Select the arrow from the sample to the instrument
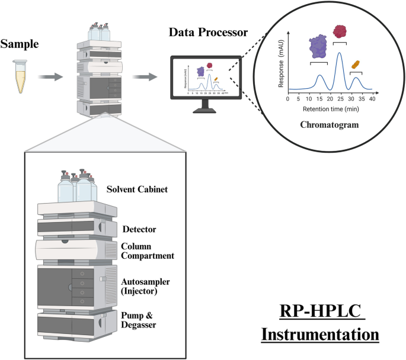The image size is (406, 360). (50, 76)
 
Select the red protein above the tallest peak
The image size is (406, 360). (340, 31)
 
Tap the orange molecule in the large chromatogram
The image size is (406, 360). (356, 64)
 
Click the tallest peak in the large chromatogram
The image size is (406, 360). (339, 54)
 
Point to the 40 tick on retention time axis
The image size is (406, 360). (372, 99)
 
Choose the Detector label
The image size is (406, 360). (139, 229)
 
